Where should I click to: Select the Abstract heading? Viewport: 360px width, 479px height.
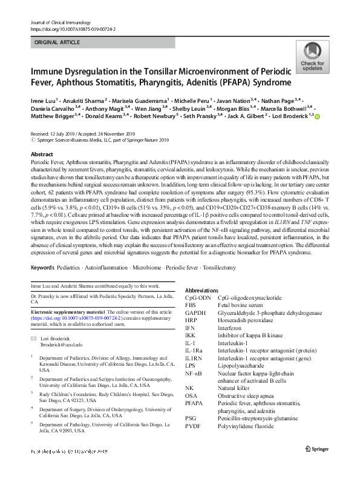(x=42, y=154)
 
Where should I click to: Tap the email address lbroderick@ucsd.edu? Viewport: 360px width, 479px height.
(x=61, y=344)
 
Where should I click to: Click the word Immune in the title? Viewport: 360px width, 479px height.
(x=49, y=71)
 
